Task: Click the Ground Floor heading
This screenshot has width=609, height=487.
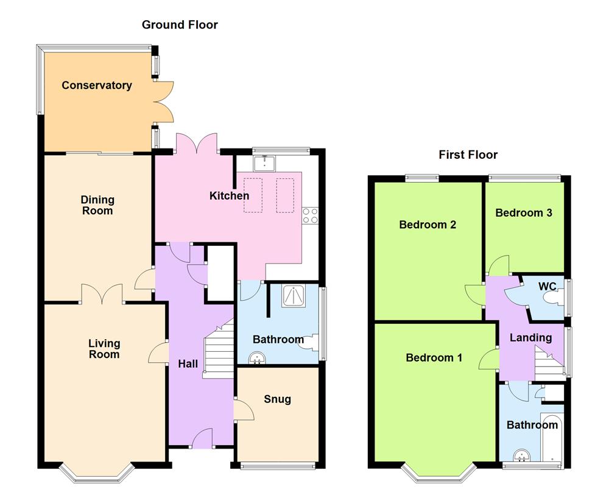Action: click(180, 25)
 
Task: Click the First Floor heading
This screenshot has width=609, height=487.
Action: click(468, 155)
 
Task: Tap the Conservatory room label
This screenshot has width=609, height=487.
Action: click(97, 85)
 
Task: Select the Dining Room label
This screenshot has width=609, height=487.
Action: click(97, 205)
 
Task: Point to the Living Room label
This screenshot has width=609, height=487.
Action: click(104, 349)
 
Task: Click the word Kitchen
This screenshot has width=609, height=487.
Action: click(229, 195)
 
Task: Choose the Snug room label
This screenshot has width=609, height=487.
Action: click(277, 399)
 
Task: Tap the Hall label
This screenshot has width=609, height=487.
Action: click(188, 364)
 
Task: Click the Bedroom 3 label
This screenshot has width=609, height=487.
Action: click(523, 212)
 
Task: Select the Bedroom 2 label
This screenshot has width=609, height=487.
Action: click(428, 225)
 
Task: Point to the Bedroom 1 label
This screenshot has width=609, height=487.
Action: click(434, 357)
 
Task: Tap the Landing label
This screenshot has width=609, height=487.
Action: click(530, 337)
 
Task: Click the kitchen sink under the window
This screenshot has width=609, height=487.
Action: click(266, 163)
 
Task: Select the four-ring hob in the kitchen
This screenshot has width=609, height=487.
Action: click(310, 214)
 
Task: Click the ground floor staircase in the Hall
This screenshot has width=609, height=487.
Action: click(218, 350)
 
